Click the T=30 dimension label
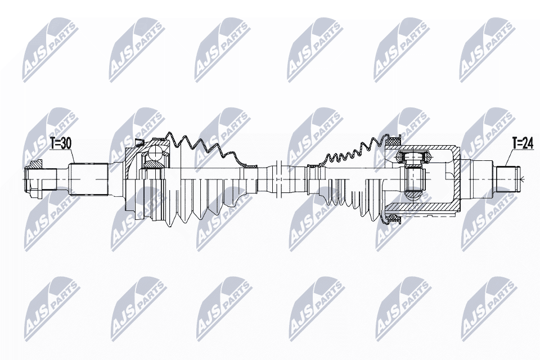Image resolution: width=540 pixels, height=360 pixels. point(60,143)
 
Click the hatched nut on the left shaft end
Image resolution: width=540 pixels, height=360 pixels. point(36,164)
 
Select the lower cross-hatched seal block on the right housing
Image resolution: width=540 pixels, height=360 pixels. point(391,216)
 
